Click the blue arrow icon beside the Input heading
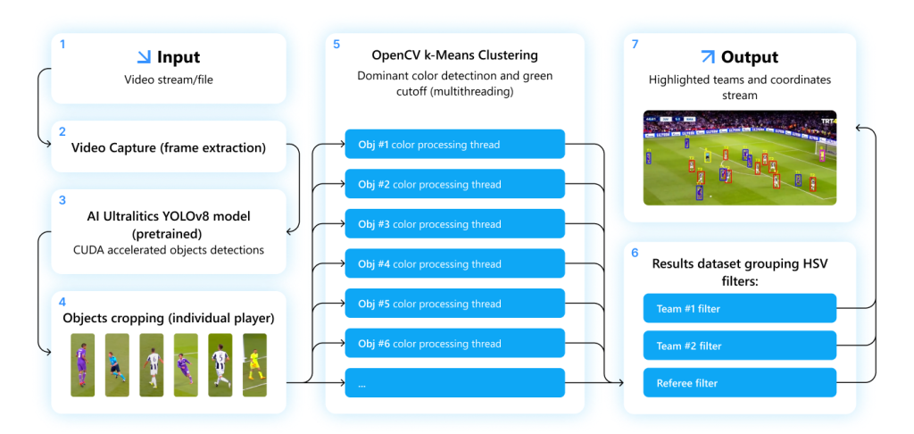pos(143,57)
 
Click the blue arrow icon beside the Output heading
pos(707,57)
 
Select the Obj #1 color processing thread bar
pos(454,145)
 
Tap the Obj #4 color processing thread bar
pos(454,264)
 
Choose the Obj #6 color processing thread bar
pos(454,344)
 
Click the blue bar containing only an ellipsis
pos(454,383)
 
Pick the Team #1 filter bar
pos(739,309)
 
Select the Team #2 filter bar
pos(739,346)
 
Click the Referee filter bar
pos(739,383)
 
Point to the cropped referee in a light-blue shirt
pos(117,365)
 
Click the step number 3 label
pos(62,201)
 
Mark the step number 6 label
pos(635,254)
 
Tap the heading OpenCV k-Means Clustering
pos(454,55)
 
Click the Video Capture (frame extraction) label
pos(169,147)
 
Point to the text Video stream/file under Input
pos(169,79)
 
